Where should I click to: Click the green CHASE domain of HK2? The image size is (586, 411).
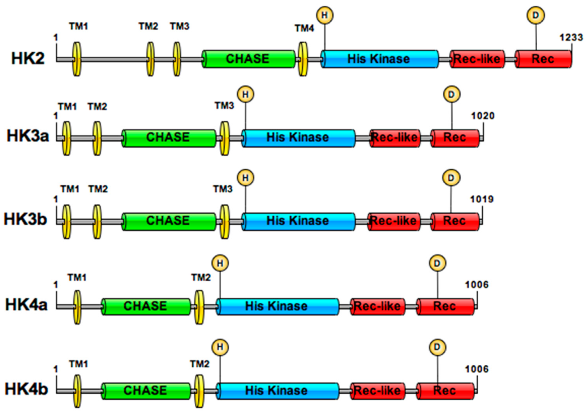248,59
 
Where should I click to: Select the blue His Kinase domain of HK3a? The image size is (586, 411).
298,138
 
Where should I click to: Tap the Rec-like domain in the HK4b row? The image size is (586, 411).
377,390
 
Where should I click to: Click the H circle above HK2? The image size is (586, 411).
324,15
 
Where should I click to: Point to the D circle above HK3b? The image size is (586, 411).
451,178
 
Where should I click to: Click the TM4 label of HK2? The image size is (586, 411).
304,28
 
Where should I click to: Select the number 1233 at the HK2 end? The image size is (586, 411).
571,37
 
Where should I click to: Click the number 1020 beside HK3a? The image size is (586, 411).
483,116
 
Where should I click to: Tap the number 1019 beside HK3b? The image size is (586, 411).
482,199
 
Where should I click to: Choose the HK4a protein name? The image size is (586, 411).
26,305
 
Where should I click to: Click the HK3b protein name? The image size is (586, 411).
25,219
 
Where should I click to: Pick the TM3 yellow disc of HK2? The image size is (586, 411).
177,59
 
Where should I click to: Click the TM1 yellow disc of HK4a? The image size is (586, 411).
77,307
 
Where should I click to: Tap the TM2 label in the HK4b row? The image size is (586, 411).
200,364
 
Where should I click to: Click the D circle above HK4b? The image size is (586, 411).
438,347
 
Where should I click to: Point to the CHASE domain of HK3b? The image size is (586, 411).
168,221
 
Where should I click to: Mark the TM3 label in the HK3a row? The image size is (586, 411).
224,105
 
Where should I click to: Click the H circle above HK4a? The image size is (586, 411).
220,263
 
